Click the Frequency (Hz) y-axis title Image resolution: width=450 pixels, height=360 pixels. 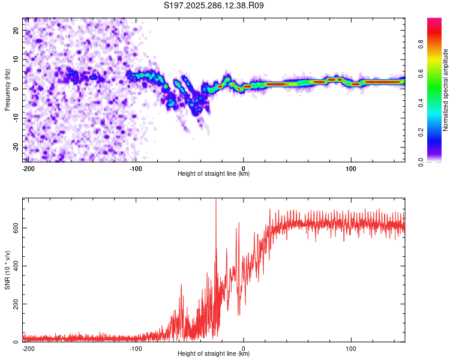click(7, 89)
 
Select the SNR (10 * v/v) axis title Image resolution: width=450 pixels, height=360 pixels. click(7, 269)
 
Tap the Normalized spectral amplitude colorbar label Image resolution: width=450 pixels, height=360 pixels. click(446, 89)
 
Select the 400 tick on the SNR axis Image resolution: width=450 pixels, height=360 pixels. click(15, 266)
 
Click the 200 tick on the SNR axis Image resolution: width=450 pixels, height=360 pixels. click(15, 304)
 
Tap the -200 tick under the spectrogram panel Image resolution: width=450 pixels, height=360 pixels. click(28, 167)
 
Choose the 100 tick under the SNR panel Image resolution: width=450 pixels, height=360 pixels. click(351, 348)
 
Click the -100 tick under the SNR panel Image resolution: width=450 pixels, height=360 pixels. click(136, 348)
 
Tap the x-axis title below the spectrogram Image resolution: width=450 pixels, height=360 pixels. click(214, 174)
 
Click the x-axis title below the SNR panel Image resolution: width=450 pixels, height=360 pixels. click(214, 354)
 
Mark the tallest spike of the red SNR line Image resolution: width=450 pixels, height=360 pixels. click(216, 200)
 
